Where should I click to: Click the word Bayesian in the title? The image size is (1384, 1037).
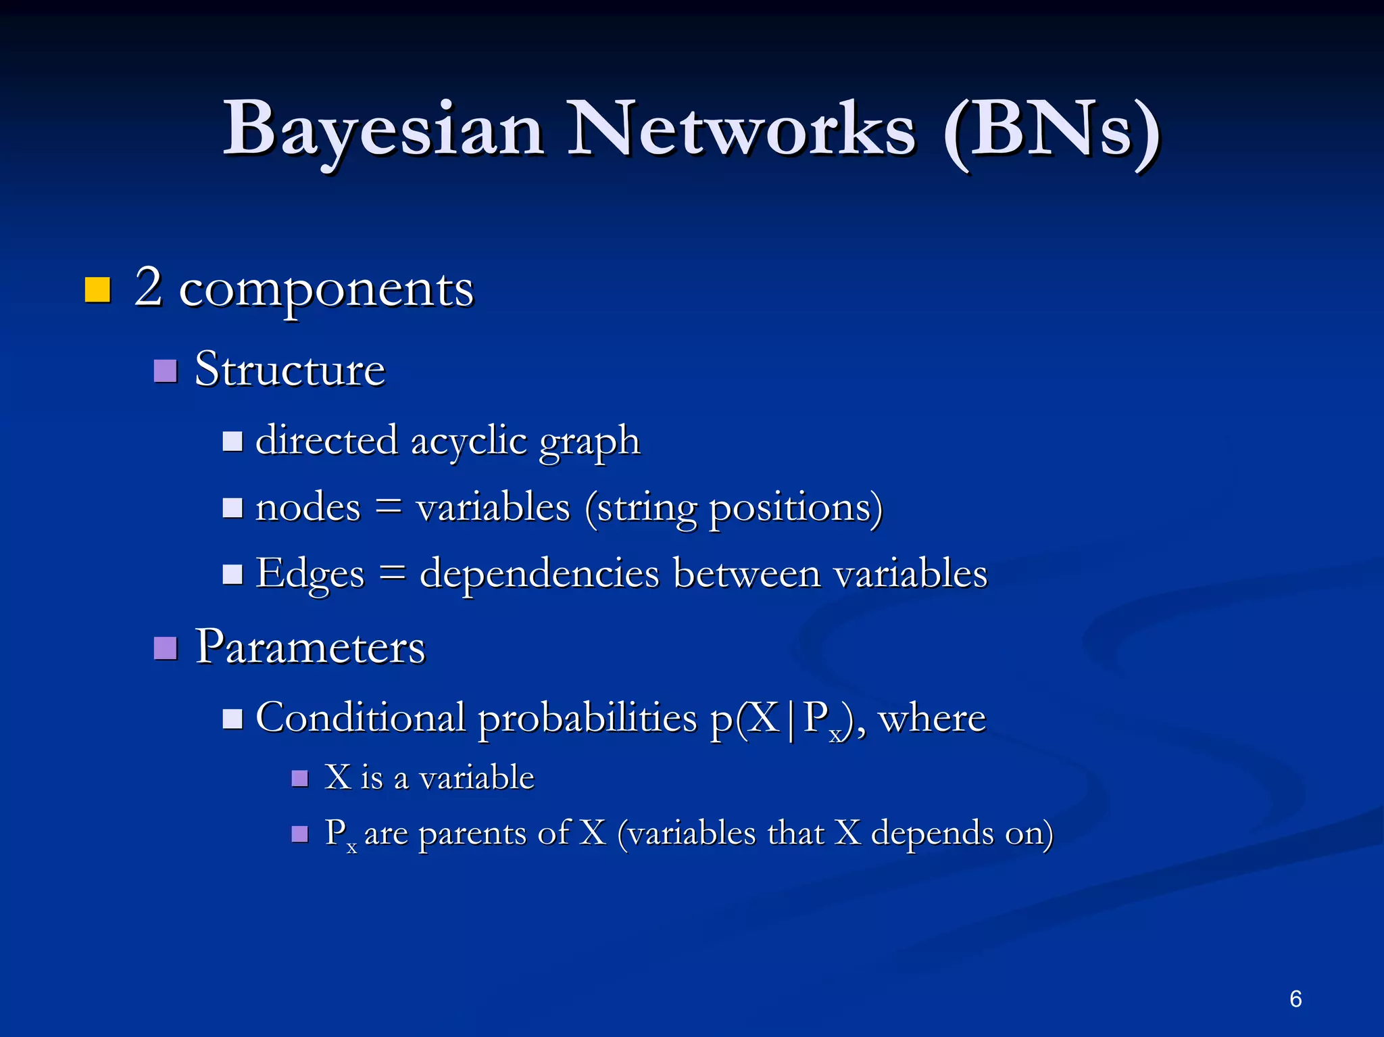pyautogui.click(x=383, y=130)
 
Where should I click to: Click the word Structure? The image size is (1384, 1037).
pyautogui.click(x=290, y=369)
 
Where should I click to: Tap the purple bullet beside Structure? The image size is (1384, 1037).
pyautogui.click(x=166, y=370)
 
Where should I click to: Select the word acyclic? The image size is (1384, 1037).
pyautogui.click(x=468, y=441)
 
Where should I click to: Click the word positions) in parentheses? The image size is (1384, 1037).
pyautogui.click(x=795, y=508)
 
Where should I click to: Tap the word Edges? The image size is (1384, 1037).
pyautogui.click(x=310, y=575)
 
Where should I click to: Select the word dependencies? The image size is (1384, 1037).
pyautogui.click(x=539, y=575)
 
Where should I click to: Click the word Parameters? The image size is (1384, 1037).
pyautogui.click(x=310, y=647)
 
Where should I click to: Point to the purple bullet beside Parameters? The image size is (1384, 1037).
pyautogui.click(x=166, y=648)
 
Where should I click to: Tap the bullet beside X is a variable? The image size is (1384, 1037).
pyautogui.click(x=299, y=779)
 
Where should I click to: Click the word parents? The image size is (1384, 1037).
pyautogui.click(x=472, y=833)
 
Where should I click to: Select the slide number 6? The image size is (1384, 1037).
pyautogui.click(x=1295, y=998)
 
